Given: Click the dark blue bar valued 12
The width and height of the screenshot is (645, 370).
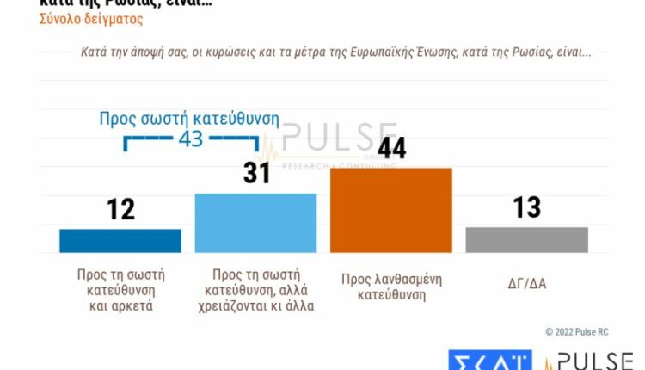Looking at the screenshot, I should (120, 240).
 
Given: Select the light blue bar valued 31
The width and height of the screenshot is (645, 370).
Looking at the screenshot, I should (255, 222).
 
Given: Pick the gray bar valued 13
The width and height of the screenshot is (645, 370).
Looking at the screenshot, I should (526, 239).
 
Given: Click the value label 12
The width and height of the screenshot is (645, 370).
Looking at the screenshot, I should (120, 208).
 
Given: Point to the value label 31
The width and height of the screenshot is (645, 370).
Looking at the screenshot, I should (255, 173).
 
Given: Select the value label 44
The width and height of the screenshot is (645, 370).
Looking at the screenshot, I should (391, 148).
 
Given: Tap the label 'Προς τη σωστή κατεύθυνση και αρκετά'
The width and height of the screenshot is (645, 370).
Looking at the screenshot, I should (120, 290).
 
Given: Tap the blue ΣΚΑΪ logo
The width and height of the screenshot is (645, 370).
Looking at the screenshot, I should (489, 360).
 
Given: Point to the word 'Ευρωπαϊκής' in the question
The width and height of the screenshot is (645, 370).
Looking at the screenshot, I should (397, 52).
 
